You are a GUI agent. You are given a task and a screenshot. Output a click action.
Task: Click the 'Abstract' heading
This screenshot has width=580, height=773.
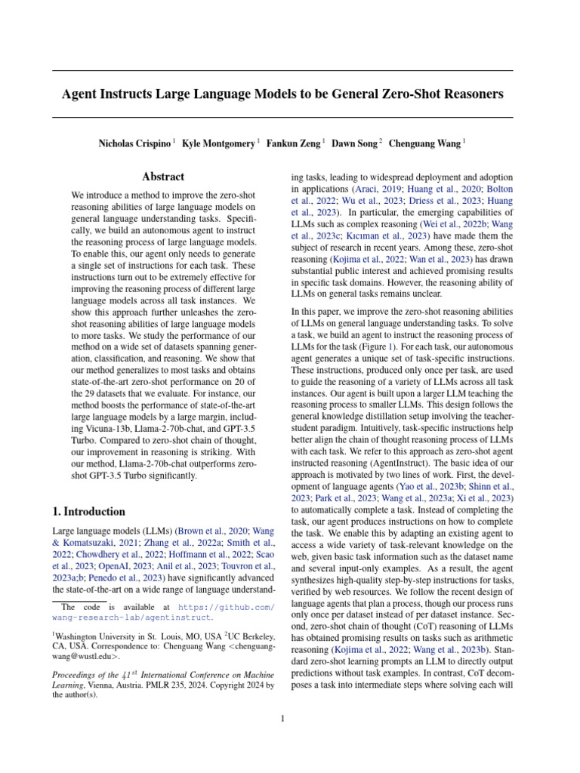click(164, 177)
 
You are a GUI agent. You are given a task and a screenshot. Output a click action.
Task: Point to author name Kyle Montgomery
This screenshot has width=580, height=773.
click(219, 142)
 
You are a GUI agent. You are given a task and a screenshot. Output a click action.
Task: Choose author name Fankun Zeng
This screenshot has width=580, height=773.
click(294, 142)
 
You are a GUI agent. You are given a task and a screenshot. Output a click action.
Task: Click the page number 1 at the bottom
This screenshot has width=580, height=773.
click(282, 719)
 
